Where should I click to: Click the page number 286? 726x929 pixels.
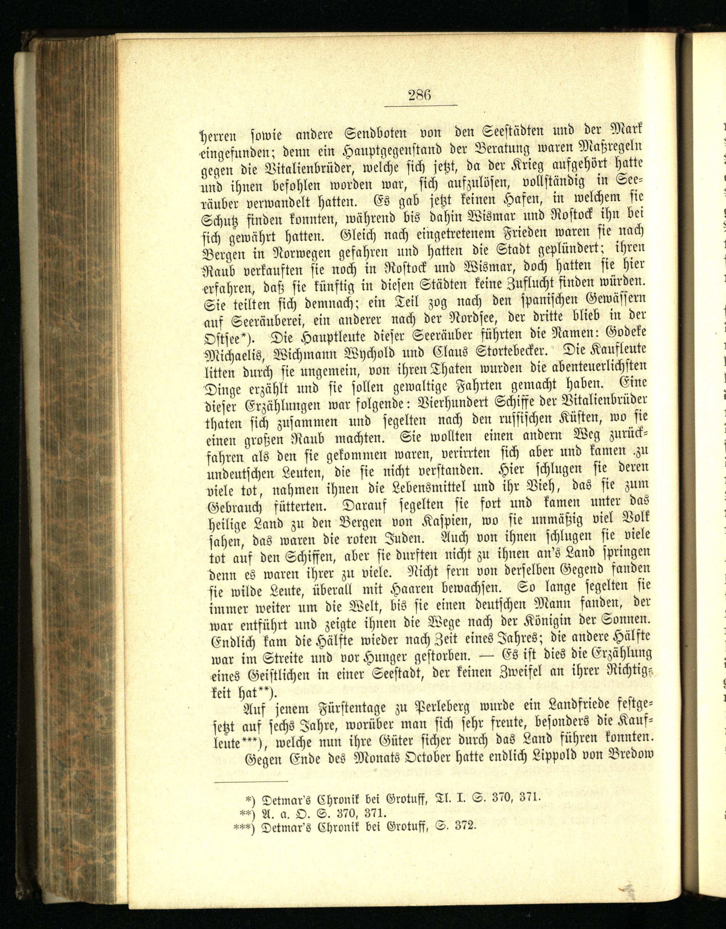coord(420,94)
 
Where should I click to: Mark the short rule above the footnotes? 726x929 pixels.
coord(251,781)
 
